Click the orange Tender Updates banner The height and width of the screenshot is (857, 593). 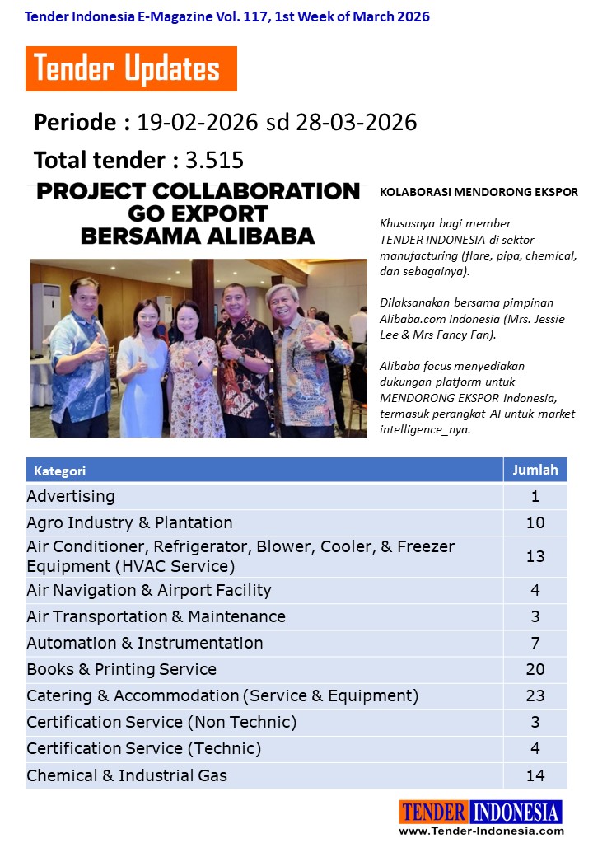(x=131, y=68)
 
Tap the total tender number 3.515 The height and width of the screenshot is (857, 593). (x=214, y=160)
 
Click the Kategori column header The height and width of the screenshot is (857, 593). (x=60, y=471)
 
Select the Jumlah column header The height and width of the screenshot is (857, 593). (x=535, y=470)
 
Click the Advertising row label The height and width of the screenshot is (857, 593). (x=71, y=496)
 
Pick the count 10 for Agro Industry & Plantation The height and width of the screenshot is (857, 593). (x=535, y=522)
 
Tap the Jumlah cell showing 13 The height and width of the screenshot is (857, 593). (x=535, y=556)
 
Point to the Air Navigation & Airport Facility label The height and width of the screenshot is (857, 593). (x=149, y=590)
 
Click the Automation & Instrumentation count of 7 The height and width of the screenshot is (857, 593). (x=535, y=643)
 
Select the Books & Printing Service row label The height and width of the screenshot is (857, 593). (x=122, y=669)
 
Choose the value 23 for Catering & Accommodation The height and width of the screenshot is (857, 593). (x=535, y=695)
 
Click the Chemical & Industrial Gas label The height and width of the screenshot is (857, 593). (x=127, y=775)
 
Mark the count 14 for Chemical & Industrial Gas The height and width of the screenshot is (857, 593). (x=535, y=775)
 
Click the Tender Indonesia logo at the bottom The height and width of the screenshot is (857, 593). (x=480, y=812)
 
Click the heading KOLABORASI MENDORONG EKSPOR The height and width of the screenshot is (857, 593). (x=479, y=192)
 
